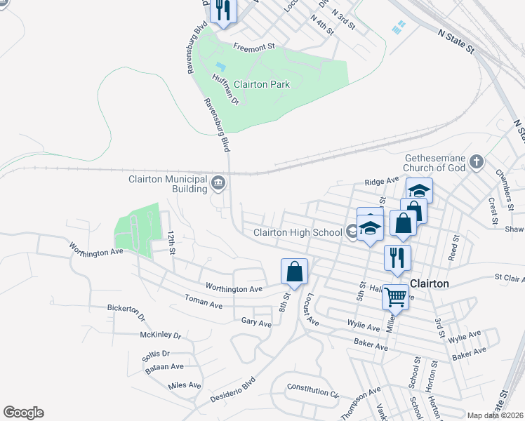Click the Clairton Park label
(261, 84)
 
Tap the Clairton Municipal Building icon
(218, 184)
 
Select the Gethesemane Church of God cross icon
(477, 162)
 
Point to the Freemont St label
(253, 47)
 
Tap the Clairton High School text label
(297, 232)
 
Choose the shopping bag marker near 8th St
(295, 272)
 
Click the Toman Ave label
(204, 305)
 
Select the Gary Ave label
(255, 323)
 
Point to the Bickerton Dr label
(126, 311)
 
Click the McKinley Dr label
(160, 335)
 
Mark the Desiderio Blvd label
(233, 393)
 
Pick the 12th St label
(171, 241)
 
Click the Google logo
(23, 413)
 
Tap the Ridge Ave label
(381, 182)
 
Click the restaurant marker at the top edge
(223, 11)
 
